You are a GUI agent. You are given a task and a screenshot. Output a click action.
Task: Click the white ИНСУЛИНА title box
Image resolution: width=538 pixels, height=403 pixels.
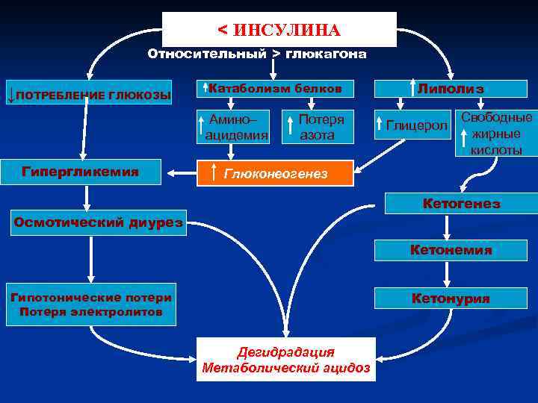click(279, 29)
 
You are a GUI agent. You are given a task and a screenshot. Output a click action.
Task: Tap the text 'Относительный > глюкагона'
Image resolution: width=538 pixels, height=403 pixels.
click(257, 54)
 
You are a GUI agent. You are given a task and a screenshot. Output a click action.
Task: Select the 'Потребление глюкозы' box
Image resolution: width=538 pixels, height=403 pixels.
click(89, 95)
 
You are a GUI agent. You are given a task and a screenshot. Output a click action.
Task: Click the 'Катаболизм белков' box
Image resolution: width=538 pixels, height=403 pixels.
click(273, 89)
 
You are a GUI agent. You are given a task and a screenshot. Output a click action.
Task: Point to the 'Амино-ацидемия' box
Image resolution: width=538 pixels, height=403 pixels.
click(232, 127)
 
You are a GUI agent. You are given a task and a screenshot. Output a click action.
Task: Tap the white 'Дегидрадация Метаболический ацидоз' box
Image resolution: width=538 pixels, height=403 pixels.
click(286, 360)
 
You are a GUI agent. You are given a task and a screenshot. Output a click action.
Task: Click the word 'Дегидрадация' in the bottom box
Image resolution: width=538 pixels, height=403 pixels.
click(286, 352)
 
